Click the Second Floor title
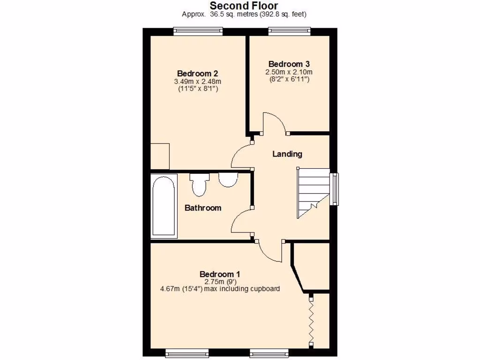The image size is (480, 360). pyautogui.click(x=244, y=6)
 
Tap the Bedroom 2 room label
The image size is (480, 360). pyautogui.click(x=197, y=74)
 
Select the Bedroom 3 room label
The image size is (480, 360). pyautogui.click(x=289, y=64)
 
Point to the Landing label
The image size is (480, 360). pyautogui.click(x=287, y=154)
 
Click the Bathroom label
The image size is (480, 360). pyautogui.click(x=202, y=208)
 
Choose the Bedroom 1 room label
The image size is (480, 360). pyautogui.click(x=220, y=274)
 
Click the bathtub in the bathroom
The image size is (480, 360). pyautogui.click(x=164, y=206)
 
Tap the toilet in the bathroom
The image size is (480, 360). pyautogui.click(x=199, y=185)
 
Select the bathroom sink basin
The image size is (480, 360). pyautogui.click(x=228, y=180)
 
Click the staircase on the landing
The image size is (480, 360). pyautogui.click(x=313, y=192)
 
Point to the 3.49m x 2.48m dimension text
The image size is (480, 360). pyautogui.click(x=197, y=82)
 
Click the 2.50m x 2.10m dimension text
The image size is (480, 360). pyautogui.click(x=289, y=72)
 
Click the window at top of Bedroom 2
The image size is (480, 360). pyautogui.click(x=197, y=31)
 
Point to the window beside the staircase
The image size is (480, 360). pyautogui.click(x=334, y=189)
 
